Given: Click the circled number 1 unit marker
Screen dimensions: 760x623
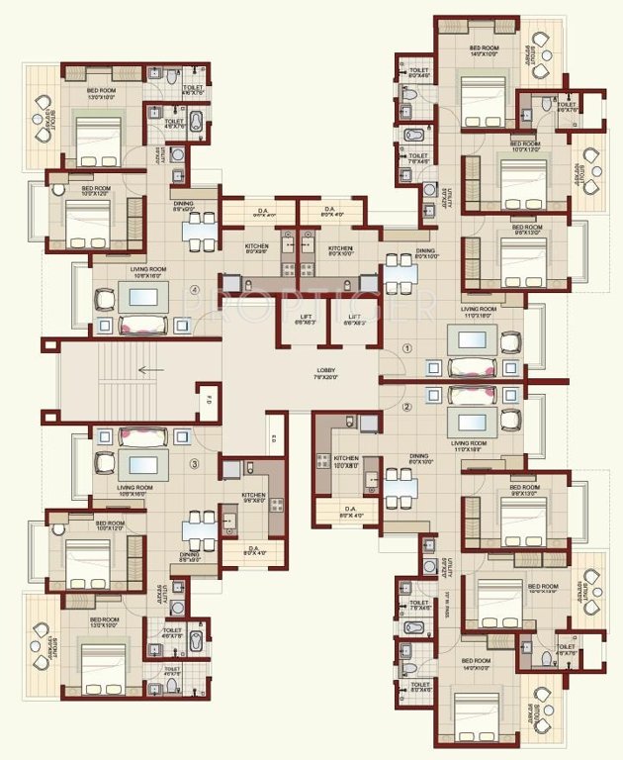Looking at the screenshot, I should pos(406,348).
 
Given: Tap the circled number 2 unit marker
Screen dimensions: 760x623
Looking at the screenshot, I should pos(406,406).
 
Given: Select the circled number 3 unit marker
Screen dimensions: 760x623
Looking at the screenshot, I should pos(196,463).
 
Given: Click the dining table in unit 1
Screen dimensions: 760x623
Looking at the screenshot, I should pos(400,272).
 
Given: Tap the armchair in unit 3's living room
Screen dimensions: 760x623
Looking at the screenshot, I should pos(104,461).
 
